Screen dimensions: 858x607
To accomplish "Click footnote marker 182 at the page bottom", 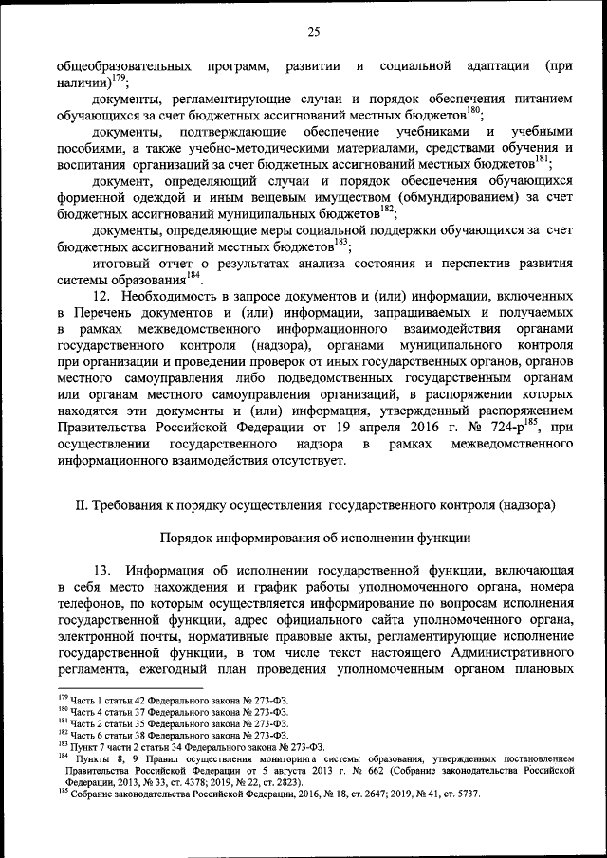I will coord(62,733).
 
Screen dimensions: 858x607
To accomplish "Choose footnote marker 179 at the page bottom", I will coord(62,698).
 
